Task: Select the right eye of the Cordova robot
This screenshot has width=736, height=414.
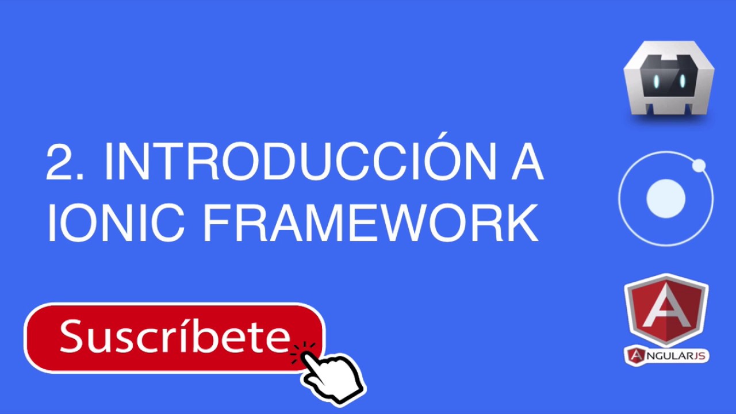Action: pyautogui.click(x=683, y=81)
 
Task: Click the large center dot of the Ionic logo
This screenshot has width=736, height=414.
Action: pyautogui.click(x=665, y=198)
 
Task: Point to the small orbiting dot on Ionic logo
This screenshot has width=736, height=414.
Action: pyautogui.click(x=699, y=166)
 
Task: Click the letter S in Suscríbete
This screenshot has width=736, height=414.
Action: pyautogui.click(x=72, y=336)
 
